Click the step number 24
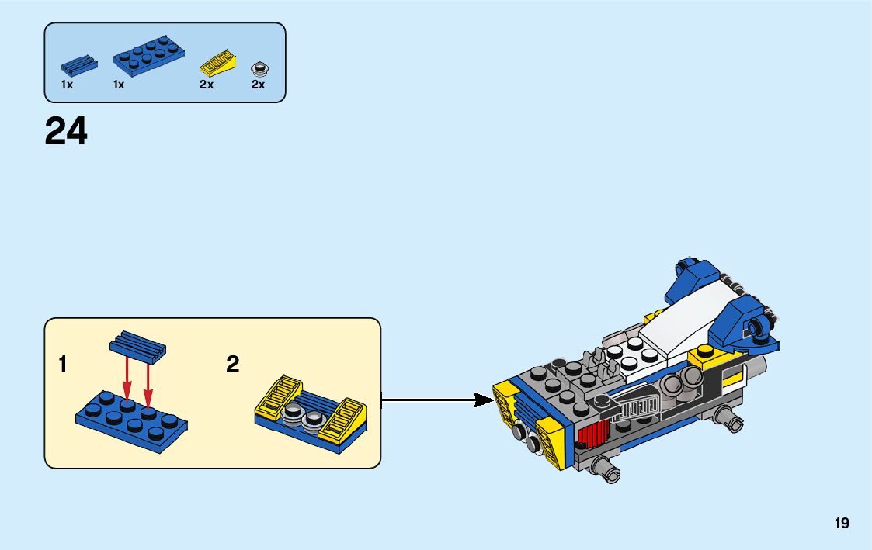(x=66, y=132)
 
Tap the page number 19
(x=842, y=524)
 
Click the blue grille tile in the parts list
(x=79, y=64)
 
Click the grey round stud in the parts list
(x=259, y=67)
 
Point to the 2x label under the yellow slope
(x=206, y=85)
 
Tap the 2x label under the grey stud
(x=258, y=85)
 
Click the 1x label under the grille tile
(x=68, y=85)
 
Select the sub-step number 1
(x=63, y=365)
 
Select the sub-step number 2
(x=232, y=365)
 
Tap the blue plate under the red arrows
(x=132, y=420)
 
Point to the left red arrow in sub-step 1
(x=127, y=377)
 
